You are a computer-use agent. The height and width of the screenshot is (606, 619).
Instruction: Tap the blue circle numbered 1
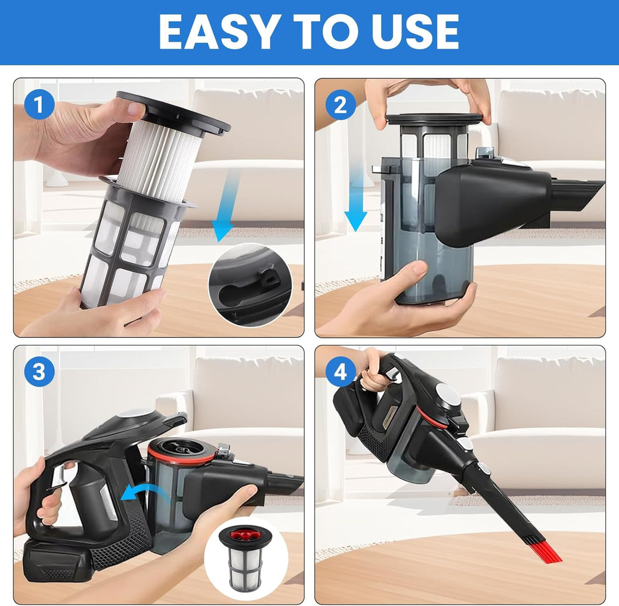point(39,105)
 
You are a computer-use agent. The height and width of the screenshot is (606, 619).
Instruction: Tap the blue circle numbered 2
point(340,105)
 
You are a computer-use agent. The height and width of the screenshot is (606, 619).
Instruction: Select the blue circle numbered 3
point(39,372)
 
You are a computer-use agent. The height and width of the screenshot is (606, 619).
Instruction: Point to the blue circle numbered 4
point(340,372)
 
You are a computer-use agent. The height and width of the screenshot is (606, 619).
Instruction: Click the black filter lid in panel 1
point(174,112)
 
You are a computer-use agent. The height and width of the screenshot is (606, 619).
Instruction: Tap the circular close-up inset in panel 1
point(250,285)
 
